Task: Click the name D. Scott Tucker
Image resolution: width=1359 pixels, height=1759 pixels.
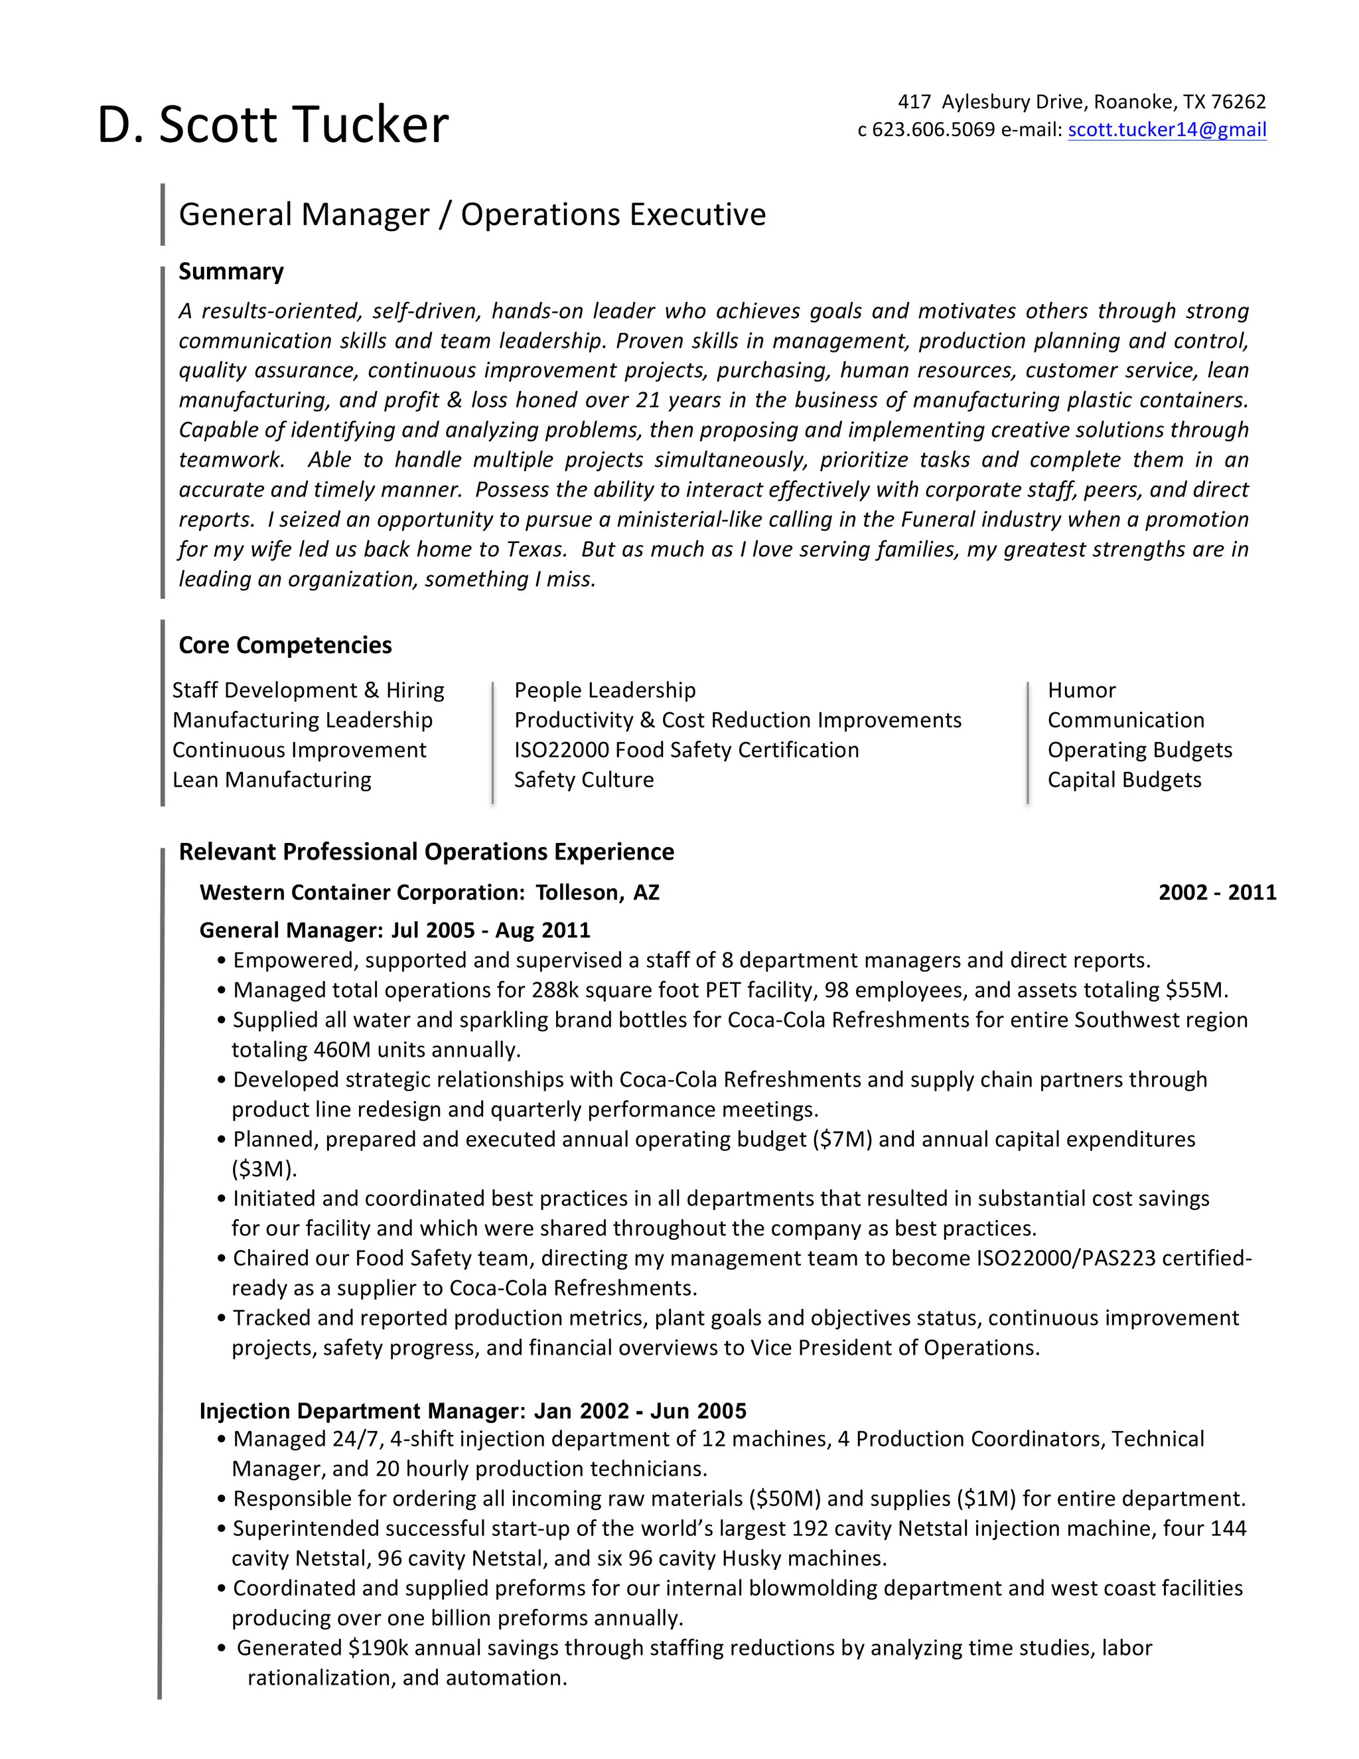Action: [272, 125]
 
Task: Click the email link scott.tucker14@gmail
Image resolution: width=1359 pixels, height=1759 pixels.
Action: [1167, 129]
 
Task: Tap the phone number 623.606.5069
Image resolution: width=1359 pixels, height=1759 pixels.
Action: [933, 129]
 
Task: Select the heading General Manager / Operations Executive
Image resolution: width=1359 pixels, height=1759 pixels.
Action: [472, 214]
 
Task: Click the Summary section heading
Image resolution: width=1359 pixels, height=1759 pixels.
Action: [231, 271]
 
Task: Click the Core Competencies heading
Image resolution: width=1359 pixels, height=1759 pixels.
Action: [285, 645]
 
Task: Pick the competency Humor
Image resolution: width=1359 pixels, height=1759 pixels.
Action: [1081, 690]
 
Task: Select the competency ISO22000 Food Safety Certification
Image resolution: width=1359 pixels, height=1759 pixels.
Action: [686, 750]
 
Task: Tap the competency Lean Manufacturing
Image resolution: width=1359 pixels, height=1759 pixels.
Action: [271, 780]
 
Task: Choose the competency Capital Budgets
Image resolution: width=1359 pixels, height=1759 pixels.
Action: [1124, 780]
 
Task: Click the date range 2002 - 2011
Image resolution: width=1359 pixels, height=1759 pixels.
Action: [1216, 892]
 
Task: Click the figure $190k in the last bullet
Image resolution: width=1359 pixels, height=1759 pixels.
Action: [378, 1648]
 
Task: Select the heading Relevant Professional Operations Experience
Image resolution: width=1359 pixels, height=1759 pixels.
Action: [426, 852]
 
